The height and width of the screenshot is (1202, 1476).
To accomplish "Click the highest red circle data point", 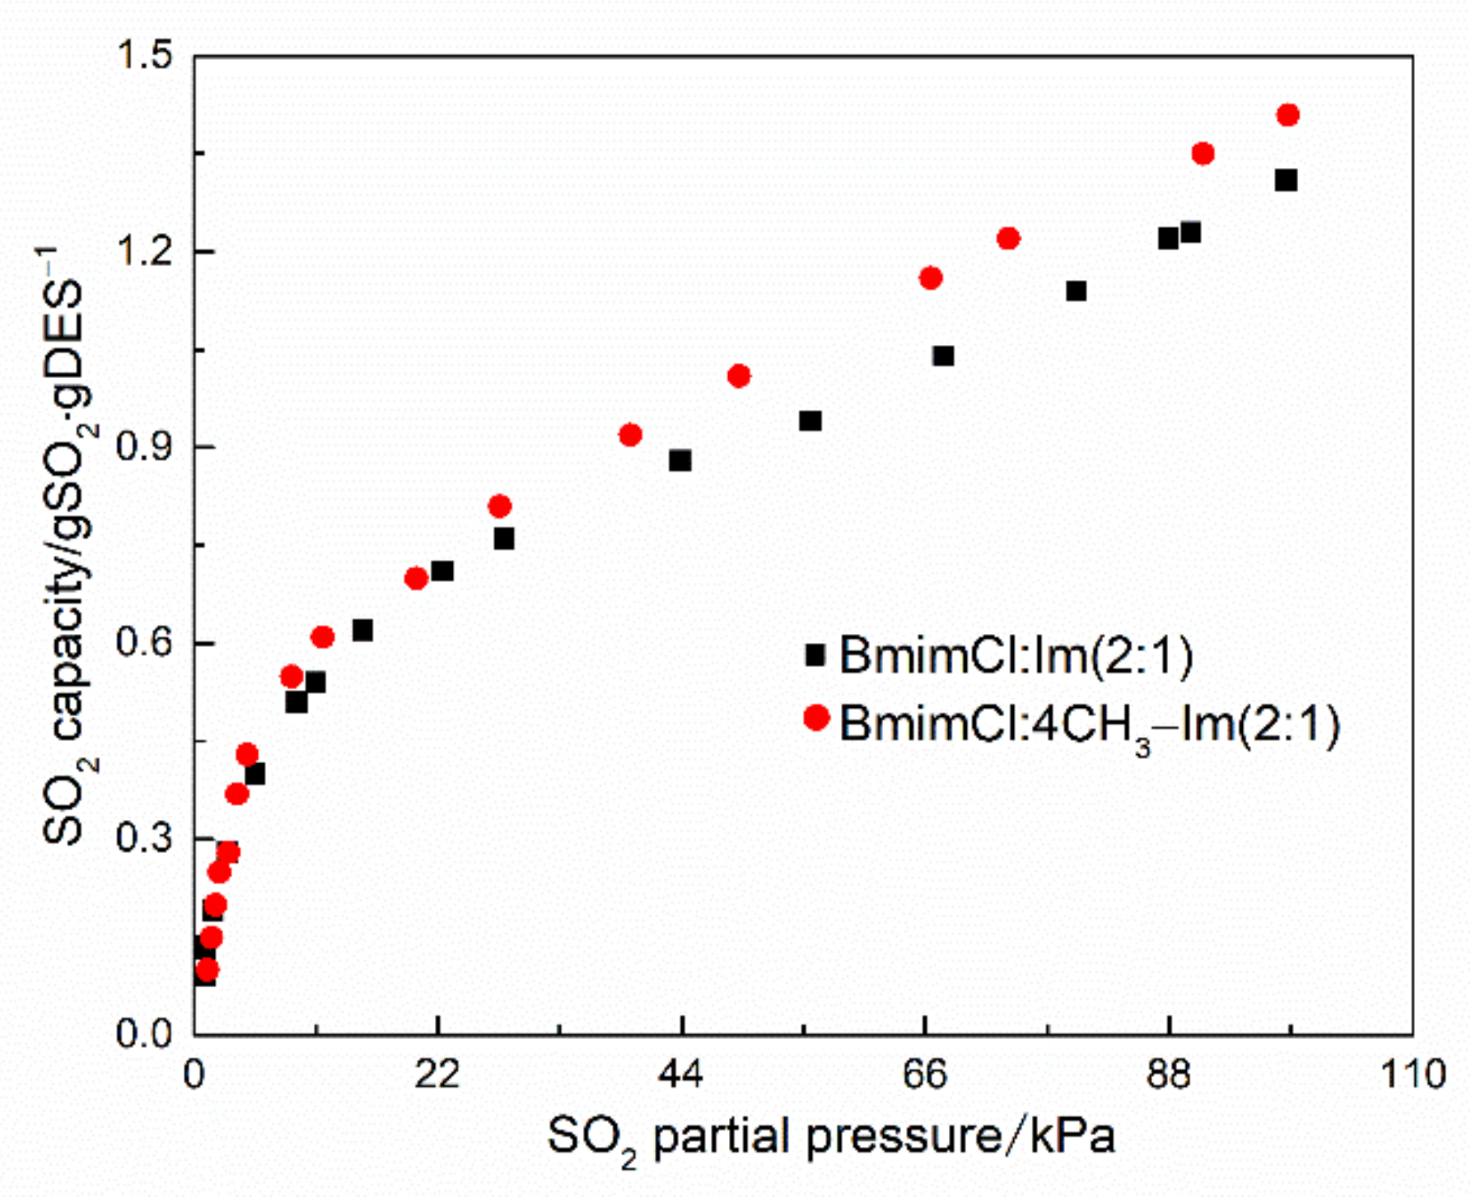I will point(1287,115).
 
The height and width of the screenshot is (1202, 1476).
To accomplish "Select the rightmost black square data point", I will point(1286,180).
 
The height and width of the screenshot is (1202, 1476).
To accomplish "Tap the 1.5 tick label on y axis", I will point(144,56).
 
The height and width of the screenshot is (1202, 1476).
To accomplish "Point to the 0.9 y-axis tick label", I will point(144,447).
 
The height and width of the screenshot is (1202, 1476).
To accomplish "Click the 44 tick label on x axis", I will point(681,1074).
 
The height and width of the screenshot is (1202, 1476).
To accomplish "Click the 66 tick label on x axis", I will point(925,1074).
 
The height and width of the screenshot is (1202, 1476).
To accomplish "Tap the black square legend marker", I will point(815,655).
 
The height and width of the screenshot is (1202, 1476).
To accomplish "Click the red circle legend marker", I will point(815,718).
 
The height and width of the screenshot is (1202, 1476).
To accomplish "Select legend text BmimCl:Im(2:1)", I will point(1016,656).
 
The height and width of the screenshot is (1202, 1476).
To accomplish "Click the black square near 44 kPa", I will point(680,460).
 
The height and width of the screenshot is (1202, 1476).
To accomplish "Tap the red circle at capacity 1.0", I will point(739,376).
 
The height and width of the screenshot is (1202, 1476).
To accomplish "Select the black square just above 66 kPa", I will point(943,356).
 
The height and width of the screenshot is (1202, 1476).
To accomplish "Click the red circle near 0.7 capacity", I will point(416,579).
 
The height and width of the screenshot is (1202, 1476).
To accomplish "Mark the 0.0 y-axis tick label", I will point(144,1034).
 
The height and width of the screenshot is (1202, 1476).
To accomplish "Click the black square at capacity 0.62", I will point(362,631).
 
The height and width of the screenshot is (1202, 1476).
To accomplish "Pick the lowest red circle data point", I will point(207,969).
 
